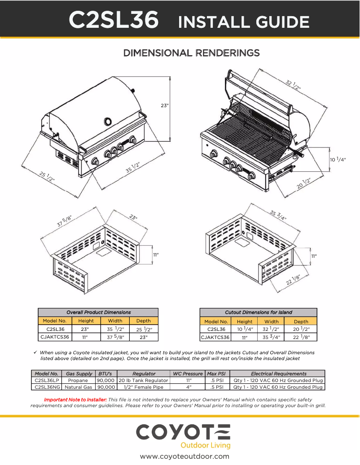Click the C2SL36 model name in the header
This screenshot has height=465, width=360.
tap(114, 20)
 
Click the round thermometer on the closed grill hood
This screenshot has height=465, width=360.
tap(108, 121)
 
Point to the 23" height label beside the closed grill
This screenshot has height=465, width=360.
tap(165, 106)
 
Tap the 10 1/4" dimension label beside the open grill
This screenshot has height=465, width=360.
tap(338, 159)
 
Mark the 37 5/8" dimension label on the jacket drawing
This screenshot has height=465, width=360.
tap(64, 221)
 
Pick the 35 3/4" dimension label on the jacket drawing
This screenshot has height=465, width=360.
tap(278, 215)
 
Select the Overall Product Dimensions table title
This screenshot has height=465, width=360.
tap(98, 312)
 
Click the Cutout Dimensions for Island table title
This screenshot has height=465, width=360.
tap(258, 312)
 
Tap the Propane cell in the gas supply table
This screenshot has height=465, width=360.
tap(78, 380)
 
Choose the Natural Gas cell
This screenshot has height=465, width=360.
tap(78, 387)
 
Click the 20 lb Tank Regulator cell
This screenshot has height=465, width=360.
tap(143, 380)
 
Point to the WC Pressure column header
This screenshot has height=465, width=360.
tap(188, 374)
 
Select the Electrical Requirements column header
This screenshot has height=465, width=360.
tap(278, 374)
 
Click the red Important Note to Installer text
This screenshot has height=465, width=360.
tap(75, 399)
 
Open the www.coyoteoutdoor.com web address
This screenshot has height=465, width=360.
tap(184, 456)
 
